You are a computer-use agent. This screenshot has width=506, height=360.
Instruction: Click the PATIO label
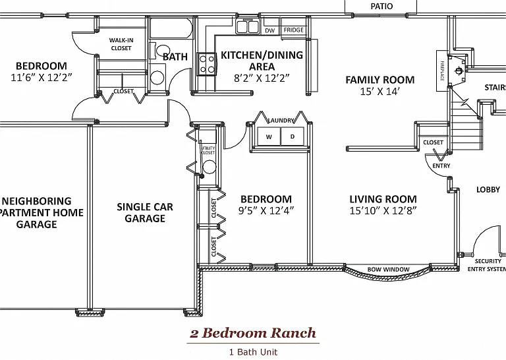381,7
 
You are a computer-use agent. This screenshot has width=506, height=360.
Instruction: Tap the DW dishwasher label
269,31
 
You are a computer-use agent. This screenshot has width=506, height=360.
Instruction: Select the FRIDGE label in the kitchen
294,30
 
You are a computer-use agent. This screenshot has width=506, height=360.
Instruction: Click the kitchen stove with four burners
207,64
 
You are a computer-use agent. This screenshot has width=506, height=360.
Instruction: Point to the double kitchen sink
248,27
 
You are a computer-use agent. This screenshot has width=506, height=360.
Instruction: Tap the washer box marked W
269,136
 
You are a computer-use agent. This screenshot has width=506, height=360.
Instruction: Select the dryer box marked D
293,136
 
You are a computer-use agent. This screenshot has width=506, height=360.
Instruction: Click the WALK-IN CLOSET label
121,44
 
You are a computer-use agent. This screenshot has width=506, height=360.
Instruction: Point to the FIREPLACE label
442,71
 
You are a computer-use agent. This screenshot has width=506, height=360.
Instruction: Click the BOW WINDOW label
388,269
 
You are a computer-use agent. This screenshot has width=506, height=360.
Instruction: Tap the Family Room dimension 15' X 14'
379,92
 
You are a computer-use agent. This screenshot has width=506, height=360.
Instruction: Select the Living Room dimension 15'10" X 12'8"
383,210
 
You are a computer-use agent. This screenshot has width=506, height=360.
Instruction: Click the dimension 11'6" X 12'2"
41,78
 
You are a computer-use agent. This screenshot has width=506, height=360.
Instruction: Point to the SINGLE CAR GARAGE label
145,212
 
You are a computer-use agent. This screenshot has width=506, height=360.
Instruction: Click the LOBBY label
488,189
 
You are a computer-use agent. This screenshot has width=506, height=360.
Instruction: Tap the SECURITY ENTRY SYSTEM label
487,265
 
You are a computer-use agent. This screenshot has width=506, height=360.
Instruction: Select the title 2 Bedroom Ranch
253,333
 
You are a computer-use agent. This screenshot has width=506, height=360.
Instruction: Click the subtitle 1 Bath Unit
253,352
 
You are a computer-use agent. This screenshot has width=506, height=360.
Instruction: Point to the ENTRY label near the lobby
441,165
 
